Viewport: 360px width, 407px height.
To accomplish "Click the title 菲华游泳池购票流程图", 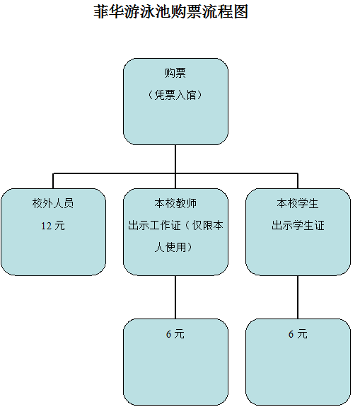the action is coord(170,11).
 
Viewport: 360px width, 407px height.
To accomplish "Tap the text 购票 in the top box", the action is coord(175,73).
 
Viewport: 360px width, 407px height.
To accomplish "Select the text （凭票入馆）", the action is coord(175,95).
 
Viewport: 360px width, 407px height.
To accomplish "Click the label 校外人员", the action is coord(53,203).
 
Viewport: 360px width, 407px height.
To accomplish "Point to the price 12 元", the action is coord(53,226).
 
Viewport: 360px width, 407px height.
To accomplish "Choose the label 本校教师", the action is coord(175,203).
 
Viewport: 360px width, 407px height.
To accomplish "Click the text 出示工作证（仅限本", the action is coord(175,225).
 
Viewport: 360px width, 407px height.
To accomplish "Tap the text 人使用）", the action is coord(173,247).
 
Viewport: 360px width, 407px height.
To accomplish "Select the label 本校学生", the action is coord(298,203).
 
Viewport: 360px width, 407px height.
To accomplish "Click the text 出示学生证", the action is coord(298,225).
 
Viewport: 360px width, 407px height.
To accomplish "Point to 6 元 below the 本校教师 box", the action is coord(175,334).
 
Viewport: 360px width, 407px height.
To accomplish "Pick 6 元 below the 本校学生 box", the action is coord(298,334).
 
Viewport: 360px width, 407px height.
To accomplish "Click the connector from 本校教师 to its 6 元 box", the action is coord(175,297).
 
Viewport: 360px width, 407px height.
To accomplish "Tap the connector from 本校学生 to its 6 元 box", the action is coord(298,297).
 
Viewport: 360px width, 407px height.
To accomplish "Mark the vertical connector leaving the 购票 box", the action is coord(175,159).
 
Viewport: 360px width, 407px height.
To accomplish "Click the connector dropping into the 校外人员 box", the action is coord(53,181).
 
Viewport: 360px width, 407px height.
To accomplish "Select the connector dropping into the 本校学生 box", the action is coord(298,181).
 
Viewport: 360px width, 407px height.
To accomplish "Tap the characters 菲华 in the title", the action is coord(109,11).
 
